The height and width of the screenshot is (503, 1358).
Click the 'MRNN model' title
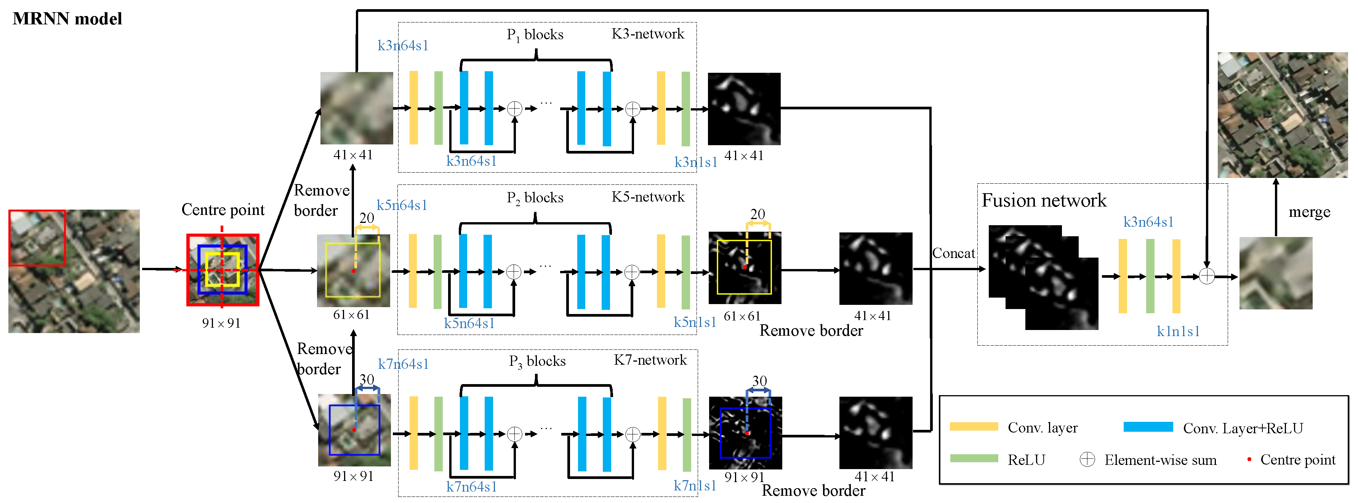(67, 19)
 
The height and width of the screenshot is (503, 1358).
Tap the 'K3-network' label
(647, 34)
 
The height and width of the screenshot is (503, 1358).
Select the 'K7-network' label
(650, 360)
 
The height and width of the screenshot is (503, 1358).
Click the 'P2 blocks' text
(535, 198)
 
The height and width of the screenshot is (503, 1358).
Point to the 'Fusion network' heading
(1043, 200)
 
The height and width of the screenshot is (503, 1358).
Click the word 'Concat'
(953, 254)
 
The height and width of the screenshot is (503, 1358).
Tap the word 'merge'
(1309, 212)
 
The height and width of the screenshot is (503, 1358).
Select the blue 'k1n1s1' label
(1178, 331)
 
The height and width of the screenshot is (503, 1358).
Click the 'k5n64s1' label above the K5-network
(402, 205)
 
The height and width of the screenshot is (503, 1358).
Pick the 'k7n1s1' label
(695, 485)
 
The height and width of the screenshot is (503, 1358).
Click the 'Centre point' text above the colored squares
(223, 210)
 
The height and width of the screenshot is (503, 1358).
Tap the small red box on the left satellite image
(37, 237)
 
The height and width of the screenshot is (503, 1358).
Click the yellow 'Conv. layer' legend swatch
(973, 426)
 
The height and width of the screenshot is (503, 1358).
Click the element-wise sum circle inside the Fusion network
(1207, 276)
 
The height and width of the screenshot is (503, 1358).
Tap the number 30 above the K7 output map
(759, 381)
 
